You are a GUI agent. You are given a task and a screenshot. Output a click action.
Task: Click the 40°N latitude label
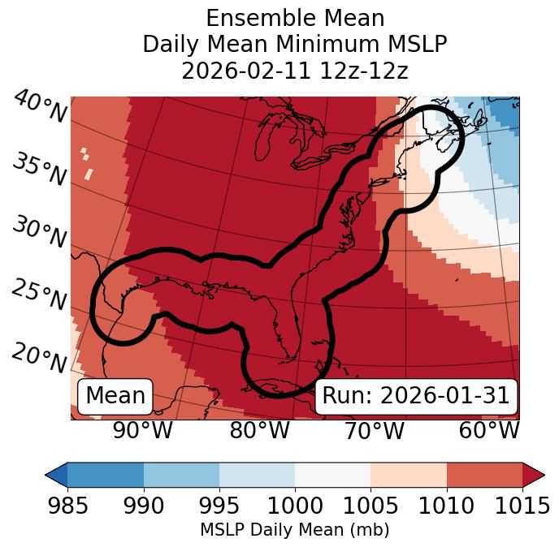pyautogui.click(x=40, y=107)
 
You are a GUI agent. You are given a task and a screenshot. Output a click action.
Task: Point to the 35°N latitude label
pyautogui.click(x=40, y=170)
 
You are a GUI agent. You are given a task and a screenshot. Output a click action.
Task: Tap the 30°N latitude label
pyautogui.click(x=40, y=233)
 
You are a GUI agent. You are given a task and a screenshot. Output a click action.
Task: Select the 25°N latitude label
pyautogui.click(x=40, y=295)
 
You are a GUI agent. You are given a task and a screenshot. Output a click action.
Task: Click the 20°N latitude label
pyautogui.click(x=40, y=357)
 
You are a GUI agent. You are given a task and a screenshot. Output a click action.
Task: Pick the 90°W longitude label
pyautogui.click(x=143, y=430)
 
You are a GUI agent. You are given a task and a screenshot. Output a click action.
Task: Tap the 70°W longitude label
pyautogui.click(x=375, y=430)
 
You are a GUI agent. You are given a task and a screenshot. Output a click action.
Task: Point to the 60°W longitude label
pyautogui.click(x=489, y=430)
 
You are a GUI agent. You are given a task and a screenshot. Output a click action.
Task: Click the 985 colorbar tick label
pyautogui.click(x=67, y=506)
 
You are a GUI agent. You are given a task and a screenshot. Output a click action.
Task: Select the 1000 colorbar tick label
pyautogui.click(x=295, y=506)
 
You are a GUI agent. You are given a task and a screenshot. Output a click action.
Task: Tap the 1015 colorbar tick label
pyautogui.click(x=522, y=506)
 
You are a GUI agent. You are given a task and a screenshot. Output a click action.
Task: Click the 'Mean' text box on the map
pyautogui.click(x=115, y=396)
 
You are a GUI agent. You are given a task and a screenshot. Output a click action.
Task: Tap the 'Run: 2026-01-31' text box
pyautogui.click(x=415, y=396)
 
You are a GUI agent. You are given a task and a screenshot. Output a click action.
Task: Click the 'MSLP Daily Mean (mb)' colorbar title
pyautogui.click(x=294, y=530)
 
